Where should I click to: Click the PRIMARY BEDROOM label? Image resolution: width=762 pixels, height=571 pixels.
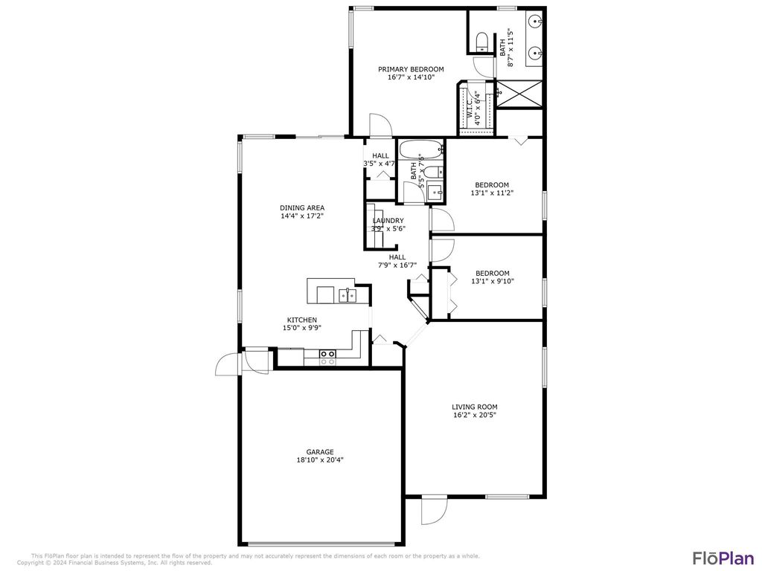point(410,69)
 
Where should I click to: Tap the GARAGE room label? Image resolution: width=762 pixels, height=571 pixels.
point(320,451)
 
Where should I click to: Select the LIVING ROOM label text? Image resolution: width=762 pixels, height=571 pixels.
point(475,407)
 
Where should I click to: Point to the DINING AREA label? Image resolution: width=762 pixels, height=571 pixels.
point(302,207)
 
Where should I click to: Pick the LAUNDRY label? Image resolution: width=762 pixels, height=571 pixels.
point(388,220)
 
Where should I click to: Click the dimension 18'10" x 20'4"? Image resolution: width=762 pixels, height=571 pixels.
point(320,459)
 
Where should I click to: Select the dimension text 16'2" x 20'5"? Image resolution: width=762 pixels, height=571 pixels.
point(475,415)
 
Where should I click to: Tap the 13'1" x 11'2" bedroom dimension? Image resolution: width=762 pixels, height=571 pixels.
point(492,193)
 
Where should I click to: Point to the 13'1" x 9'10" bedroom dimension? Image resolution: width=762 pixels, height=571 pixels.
point(492,281)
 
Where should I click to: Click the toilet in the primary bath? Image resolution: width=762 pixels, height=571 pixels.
point(481,41)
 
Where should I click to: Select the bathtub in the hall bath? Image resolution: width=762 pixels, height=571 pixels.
point(420,150)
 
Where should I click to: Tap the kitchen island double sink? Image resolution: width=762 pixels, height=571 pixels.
point(347,295)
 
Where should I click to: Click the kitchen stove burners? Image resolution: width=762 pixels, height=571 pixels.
point(327,357)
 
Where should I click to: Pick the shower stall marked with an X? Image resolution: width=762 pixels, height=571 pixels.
point(519,94)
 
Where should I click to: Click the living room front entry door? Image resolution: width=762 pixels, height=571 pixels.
point(433,511)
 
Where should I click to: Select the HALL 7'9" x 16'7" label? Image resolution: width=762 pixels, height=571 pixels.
point(397,261)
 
